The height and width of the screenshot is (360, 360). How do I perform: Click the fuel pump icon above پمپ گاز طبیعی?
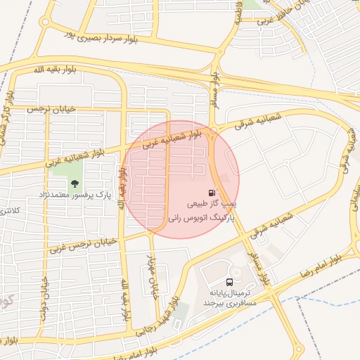tap(211, 193)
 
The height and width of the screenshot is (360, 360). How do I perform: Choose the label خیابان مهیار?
tap(156, 274)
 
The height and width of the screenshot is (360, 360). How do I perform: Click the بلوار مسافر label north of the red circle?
tap(214, 88)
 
